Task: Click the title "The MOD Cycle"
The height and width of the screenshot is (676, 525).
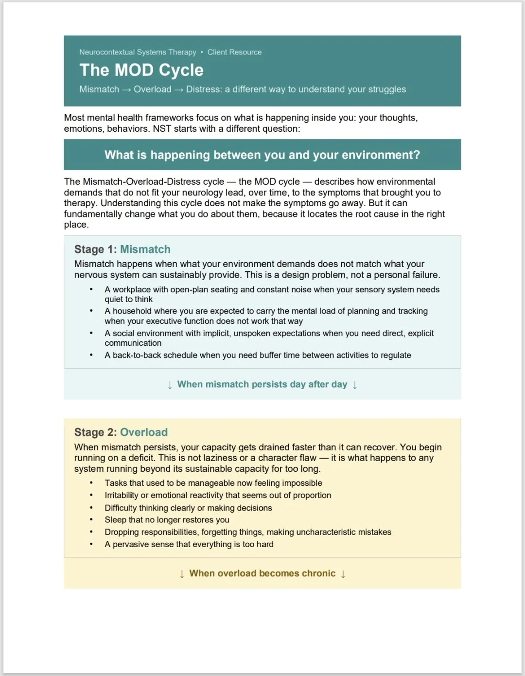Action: [x=141, y=70]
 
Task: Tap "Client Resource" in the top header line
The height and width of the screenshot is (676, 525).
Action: [x=234, y=52]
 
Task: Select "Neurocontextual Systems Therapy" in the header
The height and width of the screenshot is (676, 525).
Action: [x=138, y=52]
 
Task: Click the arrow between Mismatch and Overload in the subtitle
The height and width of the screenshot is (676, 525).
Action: [x=126, y=89]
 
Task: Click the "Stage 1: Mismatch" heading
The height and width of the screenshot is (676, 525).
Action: [x=122, y=249]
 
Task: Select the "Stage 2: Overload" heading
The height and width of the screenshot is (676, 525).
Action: [x=121, y=432]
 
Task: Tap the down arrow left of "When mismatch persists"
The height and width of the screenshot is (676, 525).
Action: [x=170, y=385]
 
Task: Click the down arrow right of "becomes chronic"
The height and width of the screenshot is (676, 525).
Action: [x=343, y=574]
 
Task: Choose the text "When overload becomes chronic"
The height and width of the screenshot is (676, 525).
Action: [x=262, y=573]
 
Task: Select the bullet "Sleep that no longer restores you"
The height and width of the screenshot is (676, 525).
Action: [x=167, y=520]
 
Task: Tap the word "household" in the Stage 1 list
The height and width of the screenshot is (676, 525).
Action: [x=133, y=311]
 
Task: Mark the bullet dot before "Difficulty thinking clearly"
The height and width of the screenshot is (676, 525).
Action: [x=91, y=508]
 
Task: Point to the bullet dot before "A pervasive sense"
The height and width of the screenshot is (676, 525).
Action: [x=91, y=544]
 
